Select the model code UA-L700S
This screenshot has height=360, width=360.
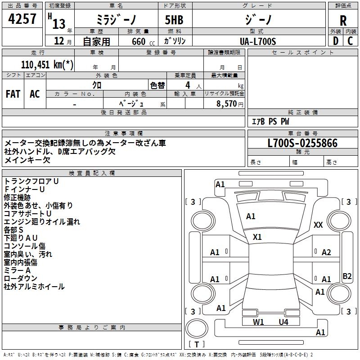(x=258, y=41)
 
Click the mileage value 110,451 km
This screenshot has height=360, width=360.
(x=47, y=64)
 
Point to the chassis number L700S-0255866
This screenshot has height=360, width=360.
(x=302, y=144)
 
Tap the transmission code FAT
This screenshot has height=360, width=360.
(x=13, y=94)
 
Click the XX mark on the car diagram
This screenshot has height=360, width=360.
(x=318, y=225)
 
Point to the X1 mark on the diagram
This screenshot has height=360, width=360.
(x=257, y=237)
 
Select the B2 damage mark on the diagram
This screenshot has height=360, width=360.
(x=347, y=276)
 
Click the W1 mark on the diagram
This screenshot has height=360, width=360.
(x=258, y=322)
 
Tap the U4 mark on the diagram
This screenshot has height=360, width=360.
(x=283, y=322)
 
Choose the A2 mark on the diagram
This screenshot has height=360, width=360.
(x=326, y=252)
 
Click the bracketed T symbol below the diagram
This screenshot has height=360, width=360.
(x=197, y=345)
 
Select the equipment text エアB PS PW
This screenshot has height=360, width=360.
(x=270, y=121)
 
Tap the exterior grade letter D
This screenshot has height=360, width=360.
(x=335, y=41)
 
